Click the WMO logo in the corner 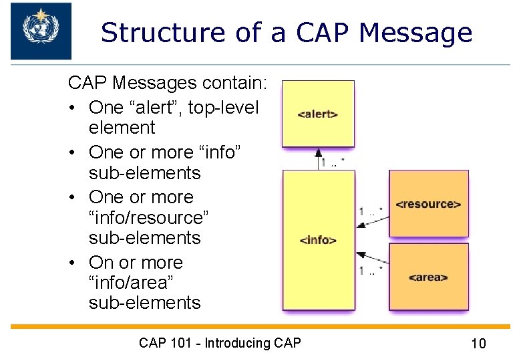point(41,30)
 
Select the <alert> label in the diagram point(317,114)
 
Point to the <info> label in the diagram point(318,240)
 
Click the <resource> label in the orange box point(428,204)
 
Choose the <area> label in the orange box point(427,277)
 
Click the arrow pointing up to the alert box point(319,157)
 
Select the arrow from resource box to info point(371,218)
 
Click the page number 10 point(478,344)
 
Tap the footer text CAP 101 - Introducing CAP point(220,343)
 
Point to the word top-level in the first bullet point(224,107)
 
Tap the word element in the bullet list point(122,128)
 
